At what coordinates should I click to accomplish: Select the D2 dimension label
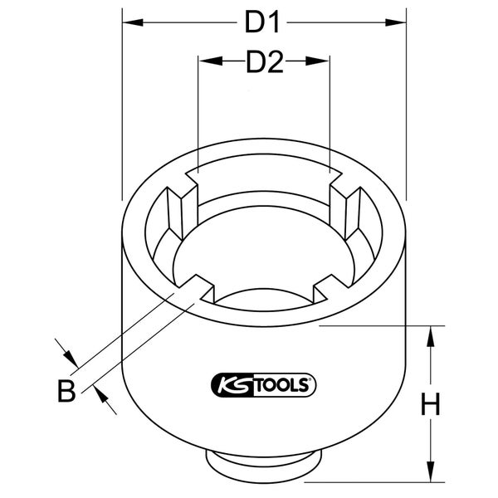tap(264, 61)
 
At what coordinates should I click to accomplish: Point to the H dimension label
tap(429, 404)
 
